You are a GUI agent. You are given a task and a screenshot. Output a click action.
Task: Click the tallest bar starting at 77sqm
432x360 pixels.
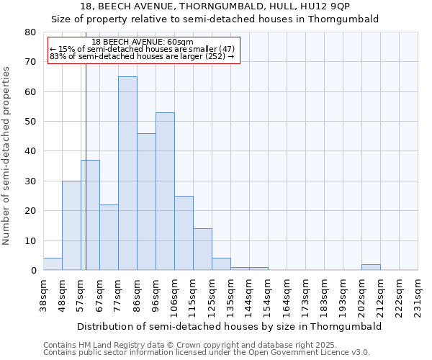(x=127, y=173)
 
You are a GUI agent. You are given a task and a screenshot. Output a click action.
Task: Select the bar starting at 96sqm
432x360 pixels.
(x=165, y=191)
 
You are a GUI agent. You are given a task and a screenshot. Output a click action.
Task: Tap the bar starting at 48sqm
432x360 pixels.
(x=71, y=225)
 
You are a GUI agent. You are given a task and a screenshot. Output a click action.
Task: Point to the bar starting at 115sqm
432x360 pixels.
(x=202, y=249)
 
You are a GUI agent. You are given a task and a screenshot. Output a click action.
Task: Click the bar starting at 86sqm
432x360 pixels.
(x=146, y=202)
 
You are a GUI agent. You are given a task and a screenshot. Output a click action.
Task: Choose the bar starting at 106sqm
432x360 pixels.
(x=184, y=233)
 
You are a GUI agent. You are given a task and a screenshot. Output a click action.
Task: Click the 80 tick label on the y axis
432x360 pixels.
(x=30, y=32)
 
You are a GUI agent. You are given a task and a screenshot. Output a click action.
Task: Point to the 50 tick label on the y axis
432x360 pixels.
(x=30, y=122)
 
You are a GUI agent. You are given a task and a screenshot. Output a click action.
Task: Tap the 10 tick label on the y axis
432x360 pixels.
(x=30, y=240)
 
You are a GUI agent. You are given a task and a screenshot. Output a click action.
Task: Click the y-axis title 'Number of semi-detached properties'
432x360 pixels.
(x=7, y=156)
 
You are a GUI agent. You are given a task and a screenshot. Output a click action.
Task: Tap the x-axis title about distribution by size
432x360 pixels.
(x=228, y=326)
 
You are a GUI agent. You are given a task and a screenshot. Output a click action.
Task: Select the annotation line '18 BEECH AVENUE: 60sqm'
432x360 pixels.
(x=143, y=42)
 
